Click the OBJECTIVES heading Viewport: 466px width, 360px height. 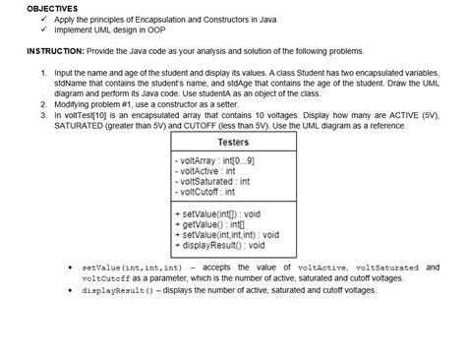coord(32,8)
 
